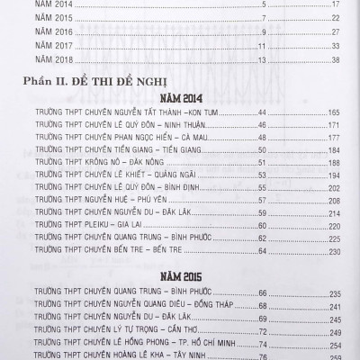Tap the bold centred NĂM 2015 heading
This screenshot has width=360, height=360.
click(x=180, y=274)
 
